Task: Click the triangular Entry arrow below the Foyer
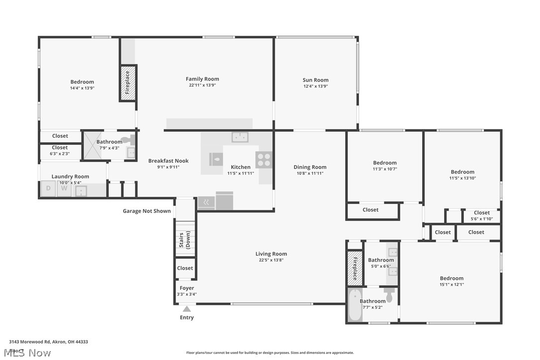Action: (x=187, y=309)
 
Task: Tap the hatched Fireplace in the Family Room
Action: (x=128, y=83)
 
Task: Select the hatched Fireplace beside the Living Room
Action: (x=355, y=269)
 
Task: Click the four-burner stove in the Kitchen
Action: (x=264, y=160)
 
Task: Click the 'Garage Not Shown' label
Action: (x=147, y=211)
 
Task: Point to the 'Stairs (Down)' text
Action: (x=184, y=240)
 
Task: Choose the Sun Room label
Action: (x=315, y=80)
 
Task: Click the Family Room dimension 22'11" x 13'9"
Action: (x=202, y=86)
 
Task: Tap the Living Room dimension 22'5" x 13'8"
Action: (x=271, y=260)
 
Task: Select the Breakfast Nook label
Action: (x=168, y=161)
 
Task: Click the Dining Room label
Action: (x=309, y=167)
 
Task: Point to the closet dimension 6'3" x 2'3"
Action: (x=60, y=154)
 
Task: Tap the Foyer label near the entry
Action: (x=187, y=288)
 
